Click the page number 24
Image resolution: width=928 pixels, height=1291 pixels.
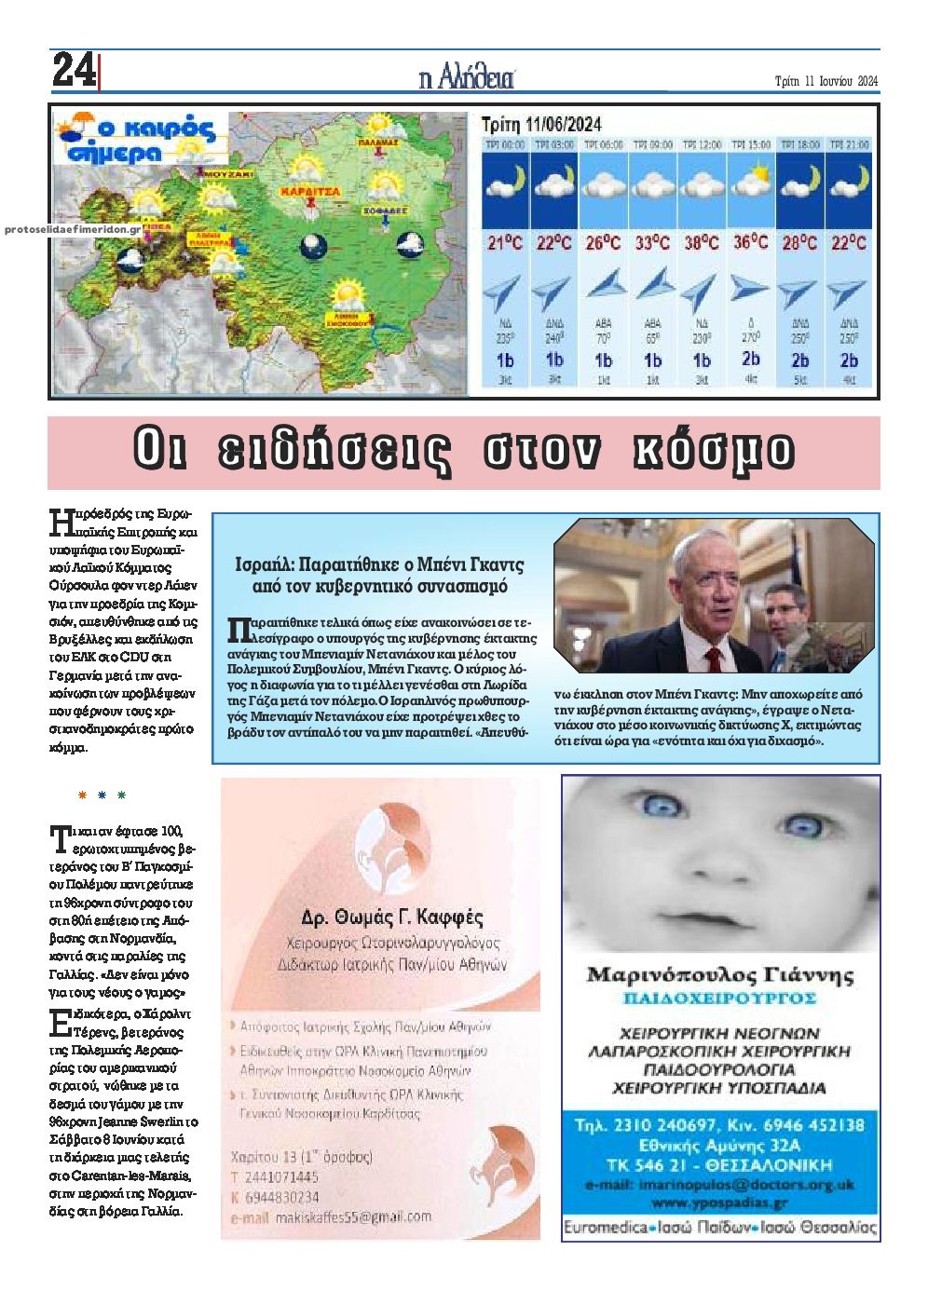coord(74,70)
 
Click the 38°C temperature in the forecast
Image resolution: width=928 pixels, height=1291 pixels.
coord(701,243)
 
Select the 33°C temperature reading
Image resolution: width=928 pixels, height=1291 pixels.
coord(651,243)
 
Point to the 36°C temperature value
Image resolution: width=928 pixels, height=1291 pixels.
coord(750,242)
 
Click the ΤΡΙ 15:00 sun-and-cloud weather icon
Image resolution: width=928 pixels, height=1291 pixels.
coord(751,180)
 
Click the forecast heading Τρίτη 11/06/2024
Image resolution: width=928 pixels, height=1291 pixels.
coord(540,125)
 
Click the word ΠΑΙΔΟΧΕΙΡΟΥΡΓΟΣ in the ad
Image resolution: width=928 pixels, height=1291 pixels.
coord(720,998)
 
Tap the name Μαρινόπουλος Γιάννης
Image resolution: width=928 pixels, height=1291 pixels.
coord(720,975)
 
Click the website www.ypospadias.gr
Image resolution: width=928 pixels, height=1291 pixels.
coord(720,1203)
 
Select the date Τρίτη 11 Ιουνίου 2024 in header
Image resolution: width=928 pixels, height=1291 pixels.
coord(826,81)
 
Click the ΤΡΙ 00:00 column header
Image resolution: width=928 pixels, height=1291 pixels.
coord(504,145)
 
